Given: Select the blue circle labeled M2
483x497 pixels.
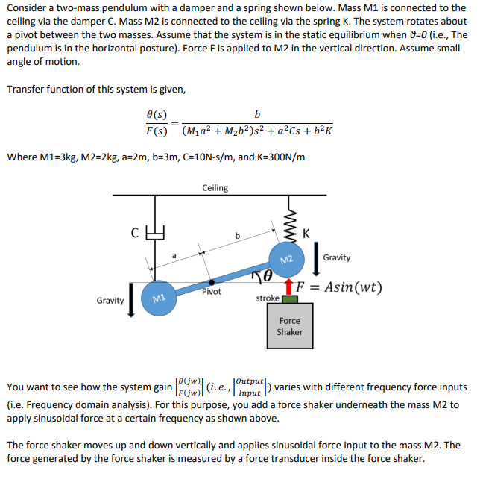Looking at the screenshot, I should click(285, 259).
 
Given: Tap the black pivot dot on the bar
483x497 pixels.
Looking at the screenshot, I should click(213, 282).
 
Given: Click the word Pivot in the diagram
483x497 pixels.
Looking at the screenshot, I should click(211, 292).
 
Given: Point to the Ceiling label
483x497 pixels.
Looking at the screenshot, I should click(215, 187).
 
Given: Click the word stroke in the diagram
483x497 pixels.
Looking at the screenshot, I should click(268, 298).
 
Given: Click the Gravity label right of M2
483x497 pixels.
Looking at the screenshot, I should click(337, 257).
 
